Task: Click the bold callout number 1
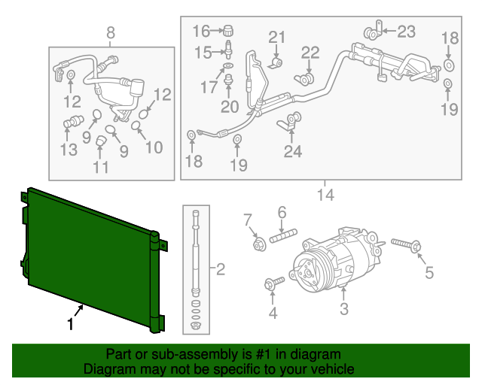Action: tap(71, 325)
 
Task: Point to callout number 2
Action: tap(221, 268)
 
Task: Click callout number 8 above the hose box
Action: tap(111, 32)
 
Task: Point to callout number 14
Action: tap(325, 196)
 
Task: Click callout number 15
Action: tap(202, 52)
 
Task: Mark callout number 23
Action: tap(406, 32)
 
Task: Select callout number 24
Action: tap(292, 152)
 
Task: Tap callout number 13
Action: tap(69, 150)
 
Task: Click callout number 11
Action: tap(101, 167)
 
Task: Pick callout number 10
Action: tap(153, 147)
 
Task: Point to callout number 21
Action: tap(278, 38)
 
